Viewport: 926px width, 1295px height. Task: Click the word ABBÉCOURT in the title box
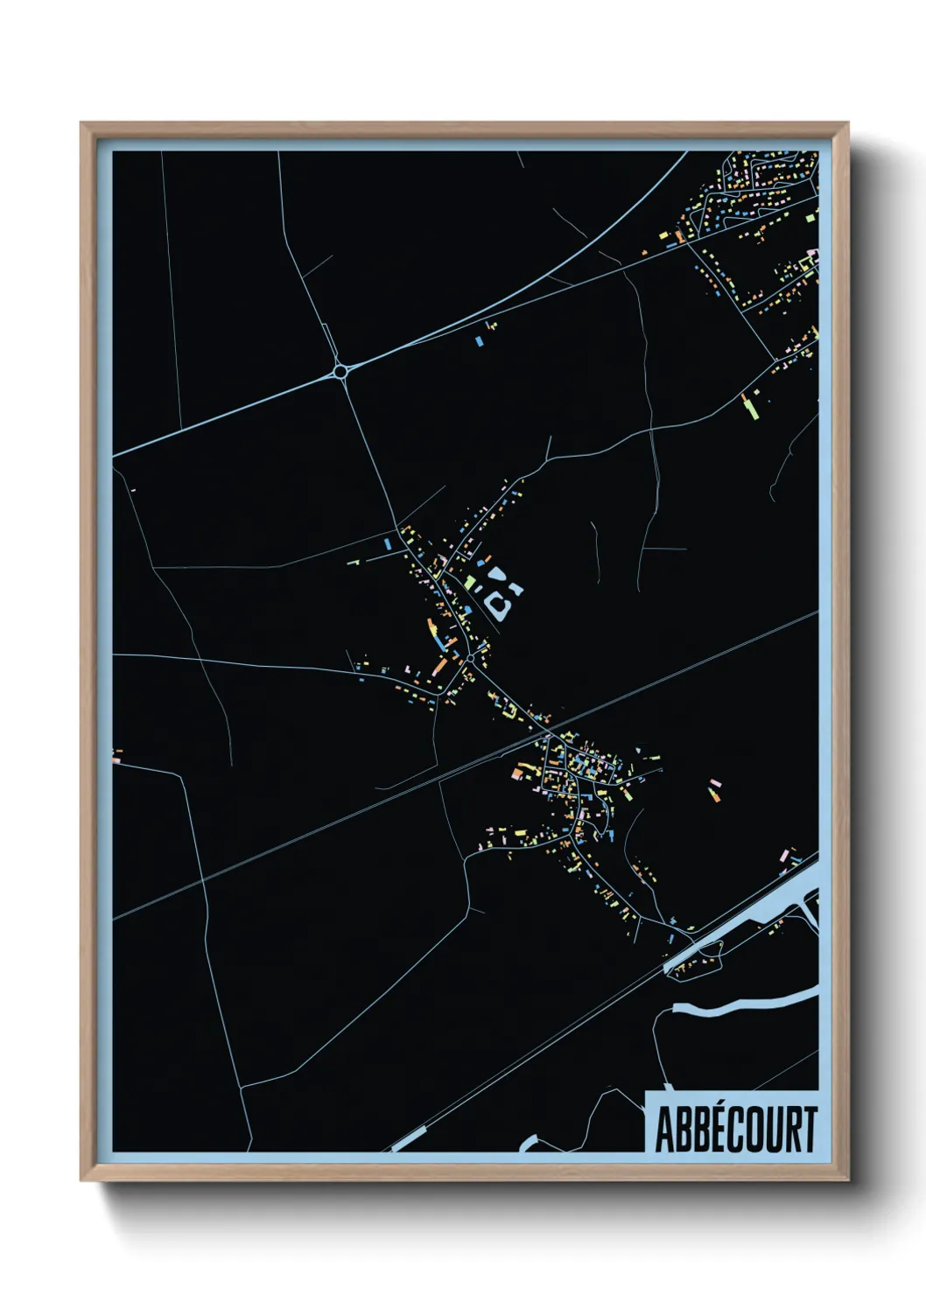pos(736,1130)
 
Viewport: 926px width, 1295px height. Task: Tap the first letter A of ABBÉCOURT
pos(664,1130)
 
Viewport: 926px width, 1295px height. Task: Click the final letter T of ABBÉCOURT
pos(809,1130)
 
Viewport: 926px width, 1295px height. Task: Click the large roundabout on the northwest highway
pos(340,372)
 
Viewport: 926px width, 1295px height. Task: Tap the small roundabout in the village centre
pos(470,657)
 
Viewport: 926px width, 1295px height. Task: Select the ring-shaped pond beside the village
pos(501,604)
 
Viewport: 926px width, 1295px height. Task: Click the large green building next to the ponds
pos(470,582)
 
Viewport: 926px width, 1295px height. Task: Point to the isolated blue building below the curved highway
pos(478,339)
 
